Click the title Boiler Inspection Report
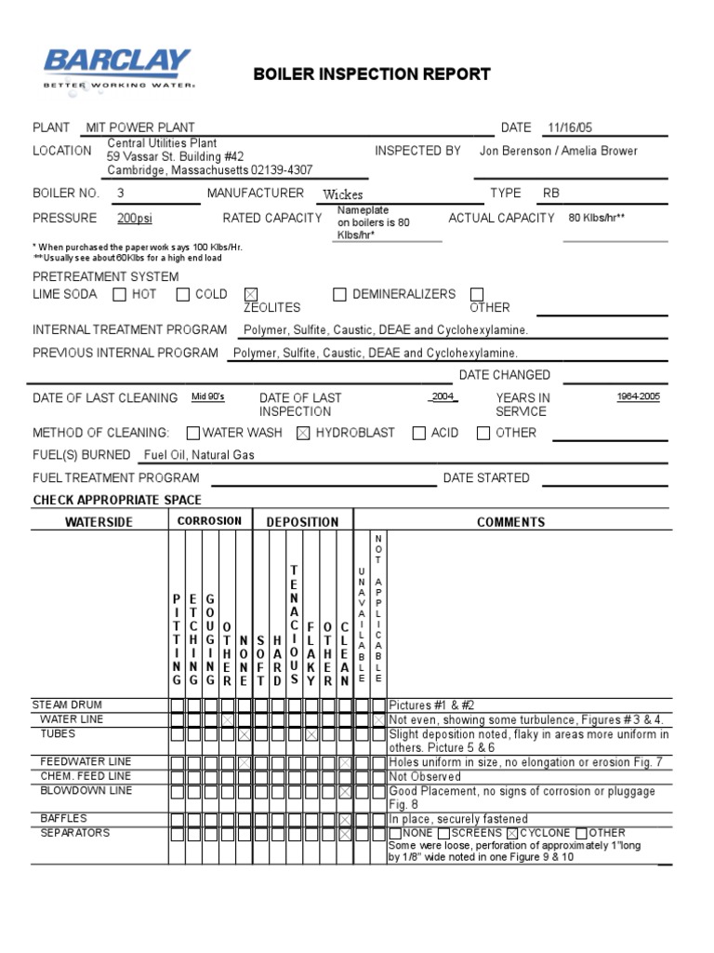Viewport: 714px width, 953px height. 372,74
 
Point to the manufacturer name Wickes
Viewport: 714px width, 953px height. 342,195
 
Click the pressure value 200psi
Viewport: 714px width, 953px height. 134,218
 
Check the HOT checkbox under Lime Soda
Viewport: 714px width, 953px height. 119,295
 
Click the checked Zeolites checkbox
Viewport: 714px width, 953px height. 250,295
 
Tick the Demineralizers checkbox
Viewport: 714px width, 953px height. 339,295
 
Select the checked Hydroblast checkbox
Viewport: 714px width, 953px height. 303,433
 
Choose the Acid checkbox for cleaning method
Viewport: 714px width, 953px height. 419,433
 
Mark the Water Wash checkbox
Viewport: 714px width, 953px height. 192,433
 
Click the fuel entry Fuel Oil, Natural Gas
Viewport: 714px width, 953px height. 198,455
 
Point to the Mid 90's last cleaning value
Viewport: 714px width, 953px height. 208,396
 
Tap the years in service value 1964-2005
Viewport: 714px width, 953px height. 638,396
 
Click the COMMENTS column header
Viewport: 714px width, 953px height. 510,521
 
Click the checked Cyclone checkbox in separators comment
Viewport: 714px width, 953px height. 512,833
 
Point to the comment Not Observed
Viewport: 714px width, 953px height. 425,776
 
